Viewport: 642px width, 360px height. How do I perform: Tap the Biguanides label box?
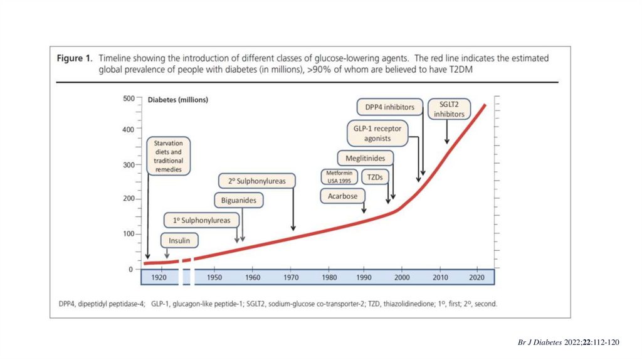pyautogui.click(x=238, y=201)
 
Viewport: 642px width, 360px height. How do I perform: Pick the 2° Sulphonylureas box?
pyautogui.click(x=256, y=181)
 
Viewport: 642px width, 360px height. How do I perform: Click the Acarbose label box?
pyautogui.click(x=342, y=196)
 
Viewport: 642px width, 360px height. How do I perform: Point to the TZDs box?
pyautogui.click(x=376, y=177)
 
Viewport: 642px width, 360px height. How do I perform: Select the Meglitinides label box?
pyautogui.click(x=365, y=158)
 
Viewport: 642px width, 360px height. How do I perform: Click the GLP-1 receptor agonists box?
pyautogui.click(x=377, y=133)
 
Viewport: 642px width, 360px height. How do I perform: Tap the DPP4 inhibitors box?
pyautogui.click(x=389, y=107)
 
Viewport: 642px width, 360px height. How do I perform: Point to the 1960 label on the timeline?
pyautogui.click(x=253, y=277)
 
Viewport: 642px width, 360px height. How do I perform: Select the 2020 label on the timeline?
pyautogui.click(x=476, y=277)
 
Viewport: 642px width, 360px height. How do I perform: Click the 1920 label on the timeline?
pyautogui.click(x=159, y=277)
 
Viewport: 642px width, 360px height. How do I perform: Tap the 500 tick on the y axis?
pyautogui.click(x=127, y=98)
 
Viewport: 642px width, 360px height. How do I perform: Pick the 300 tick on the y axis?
pyautogui.click(x=127, y=165)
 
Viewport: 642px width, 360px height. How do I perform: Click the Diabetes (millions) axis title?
pyautogui.click(x=177, y=99)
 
